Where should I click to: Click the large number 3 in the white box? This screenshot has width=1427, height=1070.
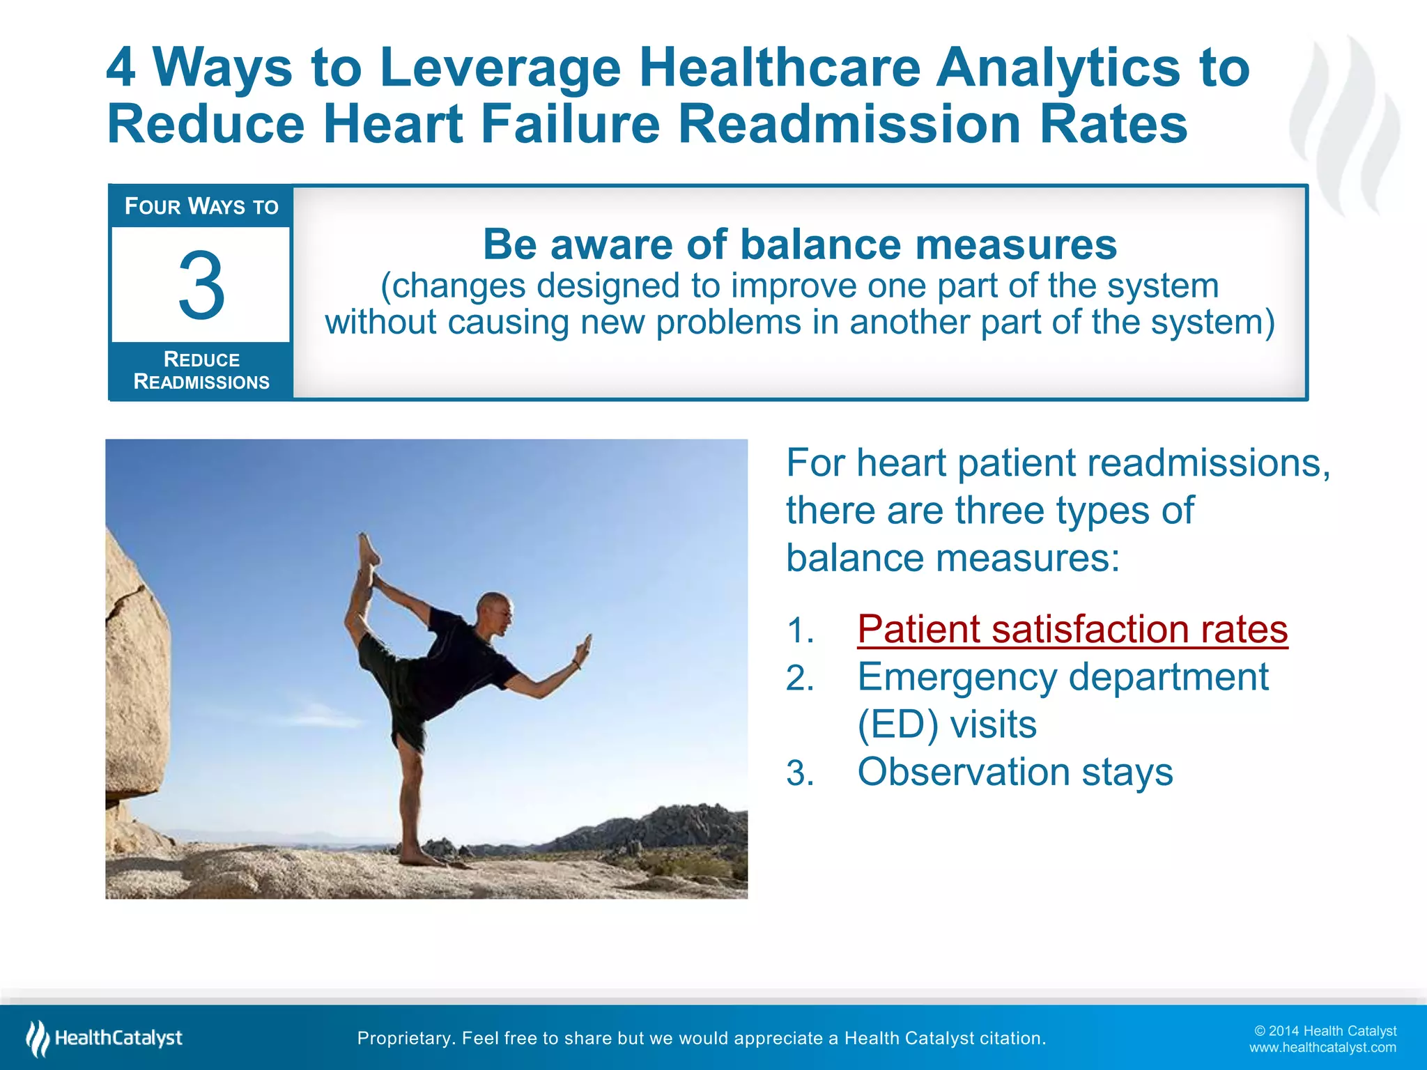click(x=201, y=286)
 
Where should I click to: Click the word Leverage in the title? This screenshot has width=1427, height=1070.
click(x=500, y=68)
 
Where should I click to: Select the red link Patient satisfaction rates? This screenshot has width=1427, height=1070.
click(x=1072, y=629)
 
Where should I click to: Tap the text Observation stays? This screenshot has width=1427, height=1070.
click(x=1015, y=772)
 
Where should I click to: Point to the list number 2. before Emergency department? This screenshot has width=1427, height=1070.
click(x=800, y=679)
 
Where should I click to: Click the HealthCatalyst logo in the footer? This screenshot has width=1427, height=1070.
click(x=105, y=1038)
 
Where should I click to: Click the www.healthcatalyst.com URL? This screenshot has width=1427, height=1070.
click(x=1322, y=1048)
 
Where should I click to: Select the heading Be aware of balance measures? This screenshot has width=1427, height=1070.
click(x=799, y=245)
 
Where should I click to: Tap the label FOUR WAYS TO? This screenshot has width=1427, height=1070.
click(x=201, y=206)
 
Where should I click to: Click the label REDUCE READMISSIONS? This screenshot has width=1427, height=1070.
click(x=201, y=371)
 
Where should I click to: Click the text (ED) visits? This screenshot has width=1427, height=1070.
click(x=946, y=724)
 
